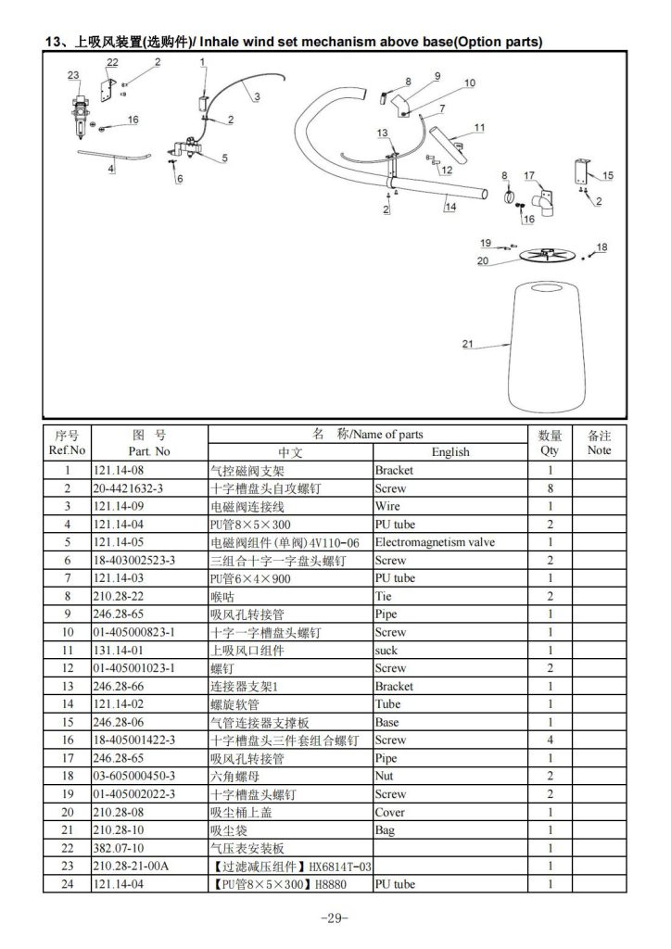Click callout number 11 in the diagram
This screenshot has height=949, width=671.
pyautogui.click(x=479, y=127)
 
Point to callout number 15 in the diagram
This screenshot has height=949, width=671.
pyautogui.click(x=607, y=175)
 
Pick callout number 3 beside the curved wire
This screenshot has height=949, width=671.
pyautogui.click(x=257, y=96)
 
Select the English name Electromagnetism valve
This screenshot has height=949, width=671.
pyautogui.click(x=435, y=542)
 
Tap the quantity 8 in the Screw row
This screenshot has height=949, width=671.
pyautogui.click(x=550, y=488)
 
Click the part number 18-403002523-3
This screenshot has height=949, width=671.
pyautogui.click(x=133, y=561)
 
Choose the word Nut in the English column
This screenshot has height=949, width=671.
pyautogui.click(x=384, y=776)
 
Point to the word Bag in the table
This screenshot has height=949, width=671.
pyautogui.click(x=385, y=830)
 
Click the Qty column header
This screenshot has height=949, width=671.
pyautogui.click(x=550, y=442)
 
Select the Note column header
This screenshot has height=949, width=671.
pyautogui.click(x=599, y=442)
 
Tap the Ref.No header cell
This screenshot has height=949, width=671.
pyautogui.click(x=67, y=442)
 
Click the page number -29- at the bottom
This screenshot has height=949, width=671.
pyautogui.click(x=335, y=918)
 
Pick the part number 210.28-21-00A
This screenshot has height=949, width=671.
pyautogui.click(x=131, y=867)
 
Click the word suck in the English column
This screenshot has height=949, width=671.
pyautogui.click(x=386, y=651)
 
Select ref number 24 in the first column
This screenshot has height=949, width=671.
pyautogui.click(x=67, y=884)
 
